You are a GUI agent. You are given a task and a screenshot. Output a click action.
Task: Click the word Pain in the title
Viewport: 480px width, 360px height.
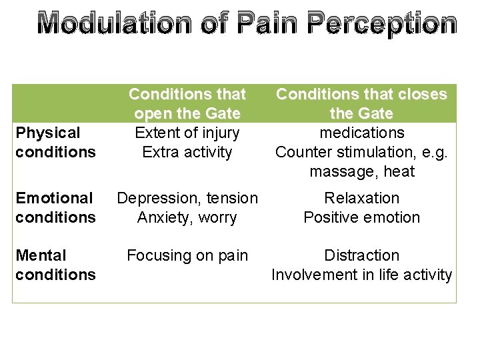pyautogui.click(x=262, y=24)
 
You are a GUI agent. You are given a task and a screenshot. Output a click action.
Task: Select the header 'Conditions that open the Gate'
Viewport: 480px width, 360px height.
pyautogui.click(x=187, y=104)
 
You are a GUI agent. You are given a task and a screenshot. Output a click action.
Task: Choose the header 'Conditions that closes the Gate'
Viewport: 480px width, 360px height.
pyautogui.click(x=361, y=104)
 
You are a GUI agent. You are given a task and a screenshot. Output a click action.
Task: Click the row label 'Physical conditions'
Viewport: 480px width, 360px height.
pyautogui.click(x=55, y=143)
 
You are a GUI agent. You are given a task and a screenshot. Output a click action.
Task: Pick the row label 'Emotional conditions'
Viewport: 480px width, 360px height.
pyautogui.click(x=55, y=207)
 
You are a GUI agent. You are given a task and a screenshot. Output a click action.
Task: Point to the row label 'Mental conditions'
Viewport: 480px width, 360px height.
pyautogui.click(x=55, y=265)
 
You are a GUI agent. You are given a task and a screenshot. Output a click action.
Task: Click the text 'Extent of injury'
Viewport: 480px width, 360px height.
pyautogui.click(x=187, y=133)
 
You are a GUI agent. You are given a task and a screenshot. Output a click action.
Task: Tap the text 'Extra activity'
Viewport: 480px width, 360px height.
pyautogui.click(x=187, y=152)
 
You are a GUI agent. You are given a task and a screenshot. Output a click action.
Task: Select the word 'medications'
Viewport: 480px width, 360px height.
pyautogui.click(x=361, y=133)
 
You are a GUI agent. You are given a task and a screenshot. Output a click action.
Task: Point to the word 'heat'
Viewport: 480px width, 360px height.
pyautogui.click(x=399, y=171)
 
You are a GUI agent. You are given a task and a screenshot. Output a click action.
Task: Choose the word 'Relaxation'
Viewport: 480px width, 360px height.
pyautogui.click(x=361, y=198)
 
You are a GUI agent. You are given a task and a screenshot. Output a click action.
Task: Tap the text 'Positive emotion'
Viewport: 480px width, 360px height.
pyautogui.click(x=361, y=217)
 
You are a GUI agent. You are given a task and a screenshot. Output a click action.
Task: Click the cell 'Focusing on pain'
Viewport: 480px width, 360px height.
pyautogui.click(x=187, y=255)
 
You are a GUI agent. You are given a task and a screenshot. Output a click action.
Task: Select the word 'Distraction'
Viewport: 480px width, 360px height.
pyautogui.click(x=361, y=255)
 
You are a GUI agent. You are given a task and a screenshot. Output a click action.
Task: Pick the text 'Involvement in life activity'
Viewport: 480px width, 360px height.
pyautogui.click(x=361, y=275)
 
